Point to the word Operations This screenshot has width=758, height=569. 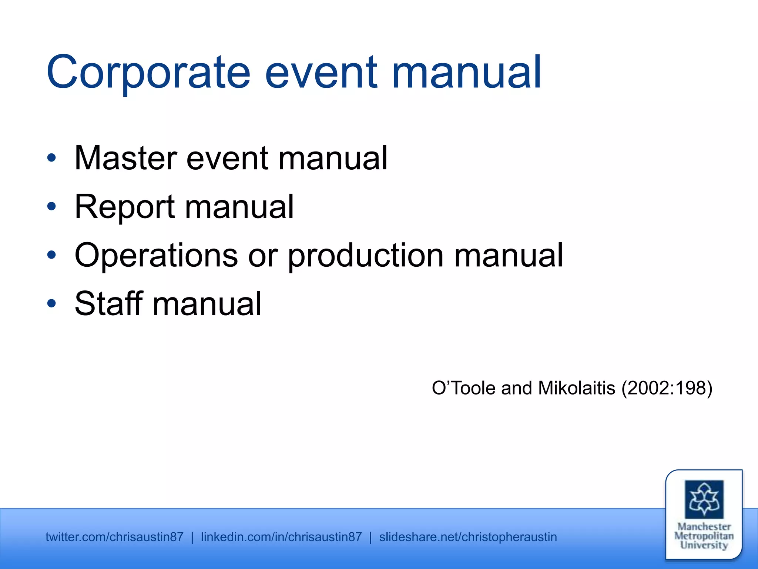[x=156, y=256]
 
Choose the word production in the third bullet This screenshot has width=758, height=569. [x=366, y=256]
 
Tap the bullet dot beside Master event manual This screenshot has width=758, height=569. [x=51, y=158]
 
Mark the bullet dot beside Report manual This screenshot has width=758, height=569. [x=51, y=207]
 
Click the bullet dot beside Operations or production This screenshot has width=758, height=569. [x=51, y=255]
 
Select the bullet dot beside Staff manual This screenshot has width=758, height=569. [x=51, y=304]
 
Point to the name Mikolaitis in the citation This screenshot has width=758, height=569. [x=577, y=388]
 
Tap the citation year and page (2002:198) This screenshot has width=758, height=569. [x=667, y=388]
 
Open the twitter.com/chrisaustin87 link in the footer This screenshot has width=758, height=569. [x=114, y=537]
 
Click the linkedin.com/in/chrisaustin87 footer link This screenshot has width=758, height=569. [x=281, y=537]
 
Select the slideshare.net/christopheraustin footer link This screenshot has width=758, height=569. [x=468, y=537]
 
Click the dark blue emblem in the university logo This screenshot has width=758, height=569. [x=704, y=499]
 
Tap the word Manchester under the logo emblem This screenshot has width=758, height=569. [x=704, y=527]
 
